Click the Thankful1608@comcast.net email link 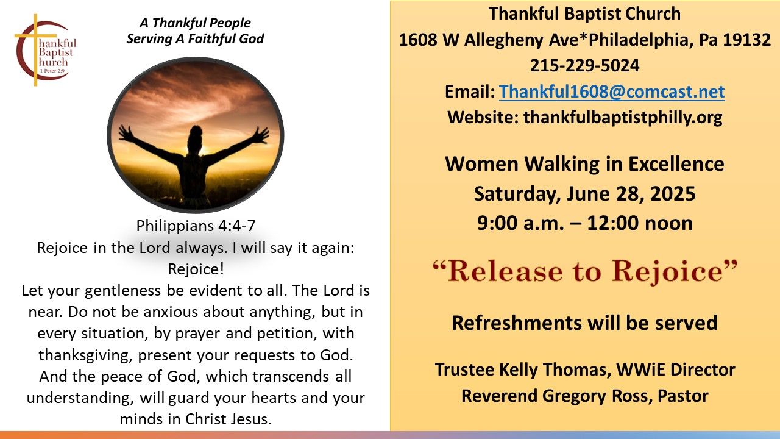[x=612, y=91]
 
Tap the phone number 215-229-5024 [x=584, y=65]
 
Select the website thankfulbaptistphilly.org [x=623, y=118]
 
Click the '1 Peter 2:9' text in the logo [x=52, y=71]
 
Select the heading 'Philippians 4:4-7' [x=196, y=226]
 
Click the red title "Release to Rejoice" [x=584, y=272]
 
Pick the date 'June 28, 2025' [x=631, y=194]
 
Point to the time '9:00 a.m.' [x=520, y=223]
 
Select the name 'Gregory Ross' [x=595, y=396]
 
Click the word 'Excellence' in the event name [x=676, y=164]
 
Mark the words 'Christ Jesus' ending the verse [x=228, y=419]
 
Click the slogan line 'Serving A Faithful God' [x=195, y=38]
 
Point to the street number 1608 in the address [x=418, y=40]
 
